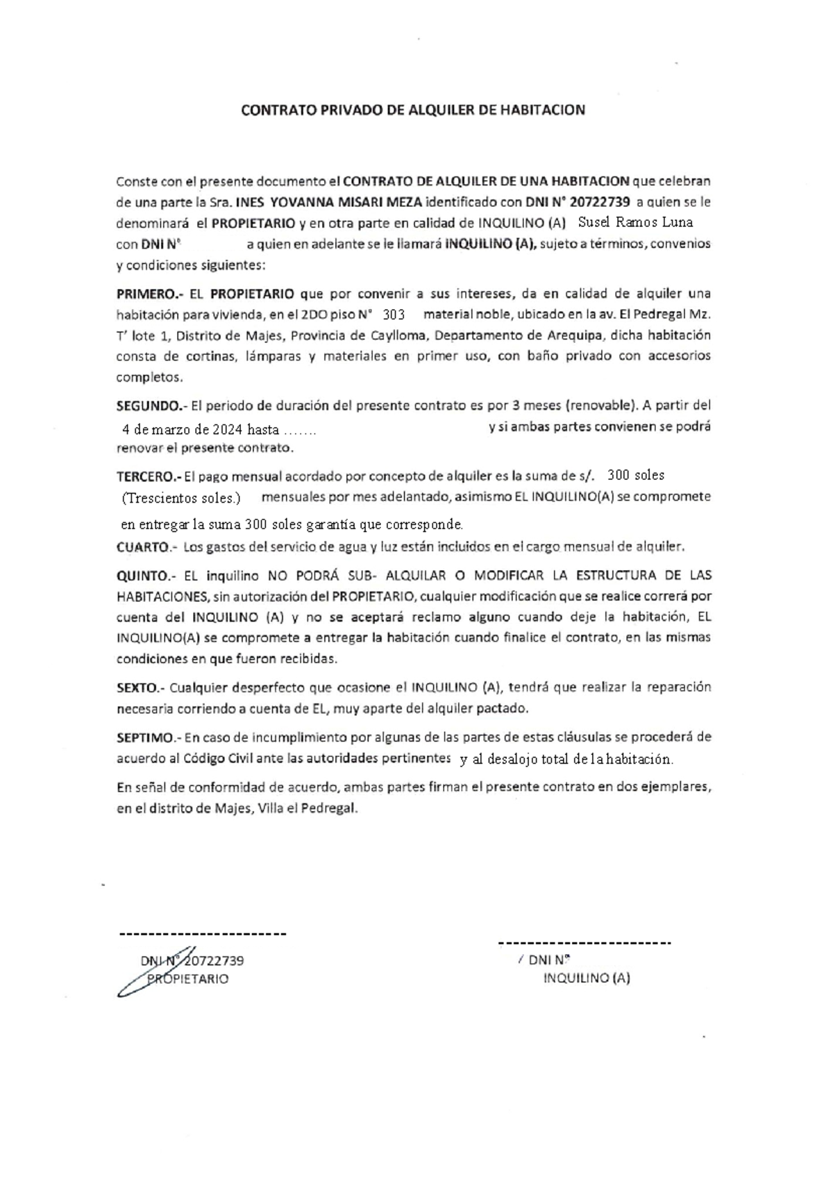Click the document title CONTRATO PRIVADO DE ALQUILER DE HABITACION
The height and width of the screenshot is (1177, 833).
click(x=412, y=110)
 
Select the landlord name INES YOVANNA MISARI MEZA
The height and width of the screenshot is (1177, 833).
click(x=329, y=203)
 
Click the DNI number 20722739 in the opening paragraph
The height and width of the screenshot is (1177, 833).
click(x=600, y=203)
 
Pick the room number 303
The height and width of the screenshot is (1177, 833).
click(x=394, y=314)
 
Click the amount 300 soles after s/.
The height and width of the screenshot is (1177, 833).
click(x=636, y=476)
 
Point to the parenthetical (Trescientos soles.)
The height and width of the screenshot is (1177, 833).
click(x=181, y=498)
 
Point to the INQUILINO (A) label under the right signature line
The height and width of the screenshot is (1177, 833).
click(x=587, y=978)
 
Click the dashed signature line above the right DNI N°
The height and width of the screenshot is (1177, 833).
click(x=584, y=943)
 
